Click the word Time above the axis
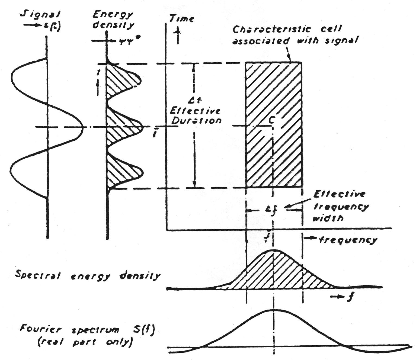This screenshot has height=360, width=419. [181, 18]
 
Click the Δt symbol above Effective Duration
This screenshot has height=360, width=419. [195, 101]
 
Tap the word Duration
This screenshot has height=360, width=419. [196, 121]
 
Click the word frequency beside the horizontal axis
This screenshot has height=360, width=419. [348, 240]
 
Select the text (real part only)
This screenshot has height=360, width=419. [85, 342]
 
